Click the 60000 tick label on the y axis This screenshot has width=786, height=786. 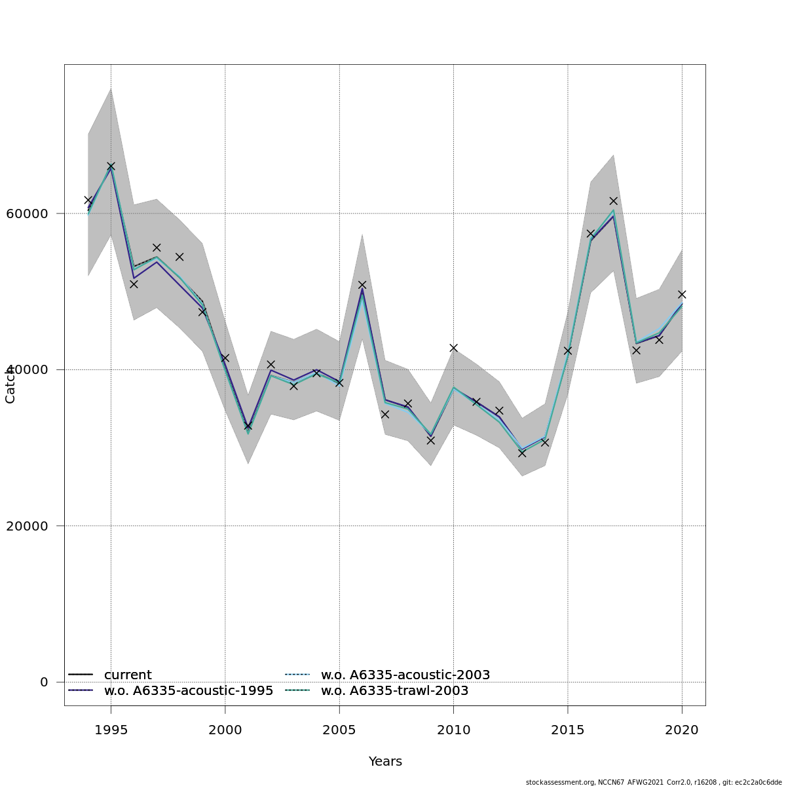pyautogui.click(x=26, y=214)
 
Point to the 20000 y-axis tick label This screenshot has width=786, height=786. pyautogui.click(x=26, y=526)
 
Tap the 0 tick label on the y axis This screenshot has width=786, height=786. pyautogui.click(x=44, y=682)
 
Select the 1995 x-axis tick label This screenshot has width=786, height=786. pyautogui.click(x=111, y=730)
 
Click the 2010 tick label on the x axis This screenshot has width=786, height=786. pyautogui.click(x=453, y=730)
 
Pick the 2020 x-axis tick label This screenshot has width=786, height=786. pyautogui.click(x=682, y=730)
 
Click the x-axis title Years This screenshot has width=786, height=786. pyautogui.click(x=385, y=761)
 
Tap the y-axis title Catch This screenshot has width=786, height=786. pyautogui.click(x=10, y=385)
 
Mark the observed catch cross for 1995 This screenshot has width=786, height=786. pyautogui.click(x=111, y=166)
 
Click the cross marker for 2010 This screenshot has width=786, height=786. pyautogui.click(x=453, y=348)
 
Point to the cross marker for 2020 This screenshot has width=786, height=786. pyautogui.click(x=682, y=294)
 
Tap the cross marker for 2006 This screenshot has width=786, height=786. pyautogui.click(x=362, y=285)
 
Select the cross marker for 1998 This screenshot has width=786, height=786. pyautogui.click(x=179, y=257)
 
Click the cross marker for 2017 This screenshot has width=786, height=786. pyautogui.click(x=613, y=200)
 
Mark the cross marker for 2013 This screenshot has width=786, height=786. pyautogui.click(x=522, y=453)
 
